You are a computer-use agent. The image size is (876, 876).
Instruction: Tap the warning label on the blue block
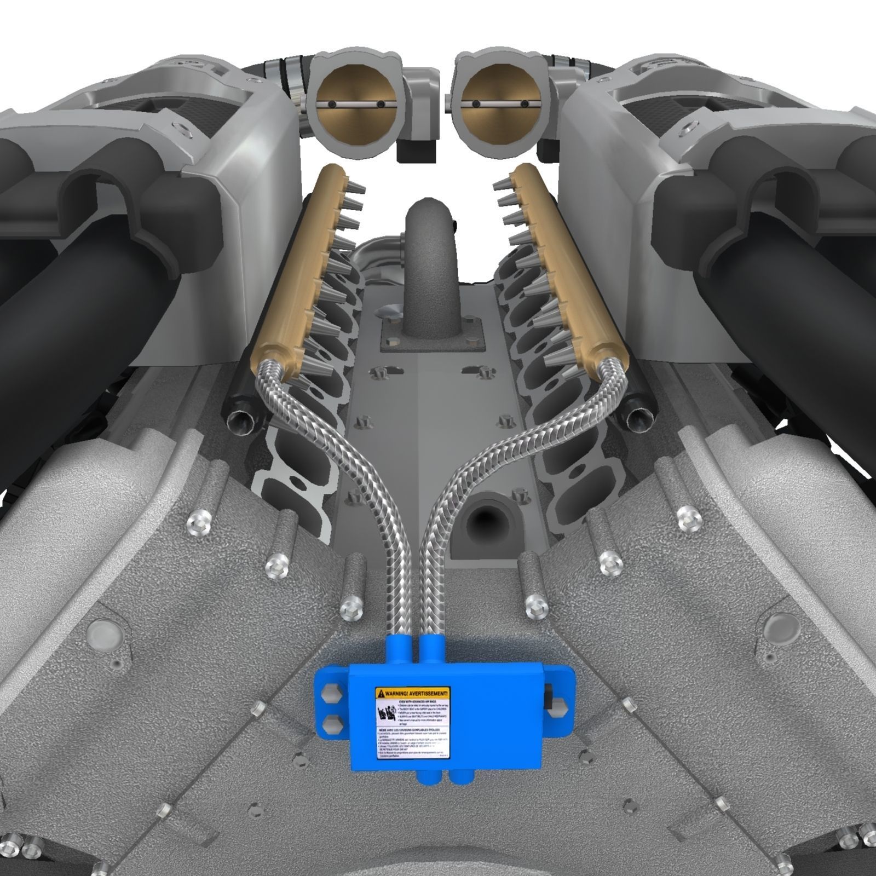[412, 723]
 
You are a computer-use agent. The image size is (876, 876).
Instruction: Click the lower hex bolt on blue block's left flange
[331, 725]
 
